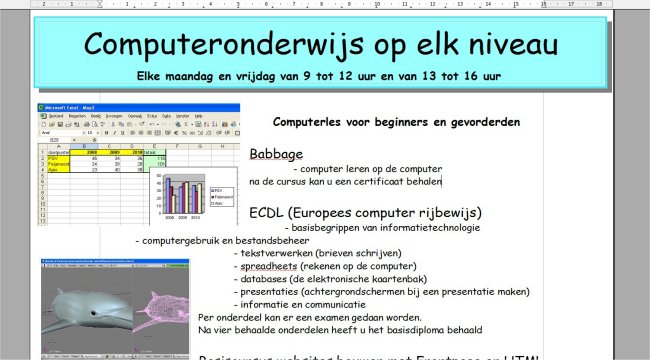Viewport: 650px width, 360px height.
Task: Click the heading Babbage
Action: pyautogui.click(x=275, y=155)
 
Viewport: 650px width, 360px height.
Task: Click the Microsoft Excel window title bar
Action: pyautogui.click(x=140, y=108)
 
